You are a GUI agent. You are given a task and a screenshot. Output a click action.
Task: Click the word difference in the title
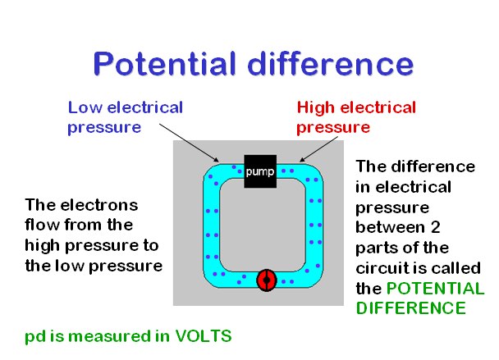point(331,63)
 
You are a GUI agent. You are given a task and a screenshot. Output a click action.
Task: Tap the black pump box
point(259,171)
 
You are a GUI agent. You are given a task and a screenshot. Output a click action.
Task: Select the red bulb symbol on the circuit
point(265,280)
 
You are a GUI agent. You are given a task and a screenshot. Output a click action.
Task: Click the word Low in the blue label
point(83,107)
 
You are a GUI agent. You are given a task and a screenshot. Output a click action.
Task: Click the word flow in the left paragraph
point(41,224)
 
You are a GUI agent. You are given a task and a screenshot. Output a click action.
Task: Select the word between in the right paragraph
point(387,227)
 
